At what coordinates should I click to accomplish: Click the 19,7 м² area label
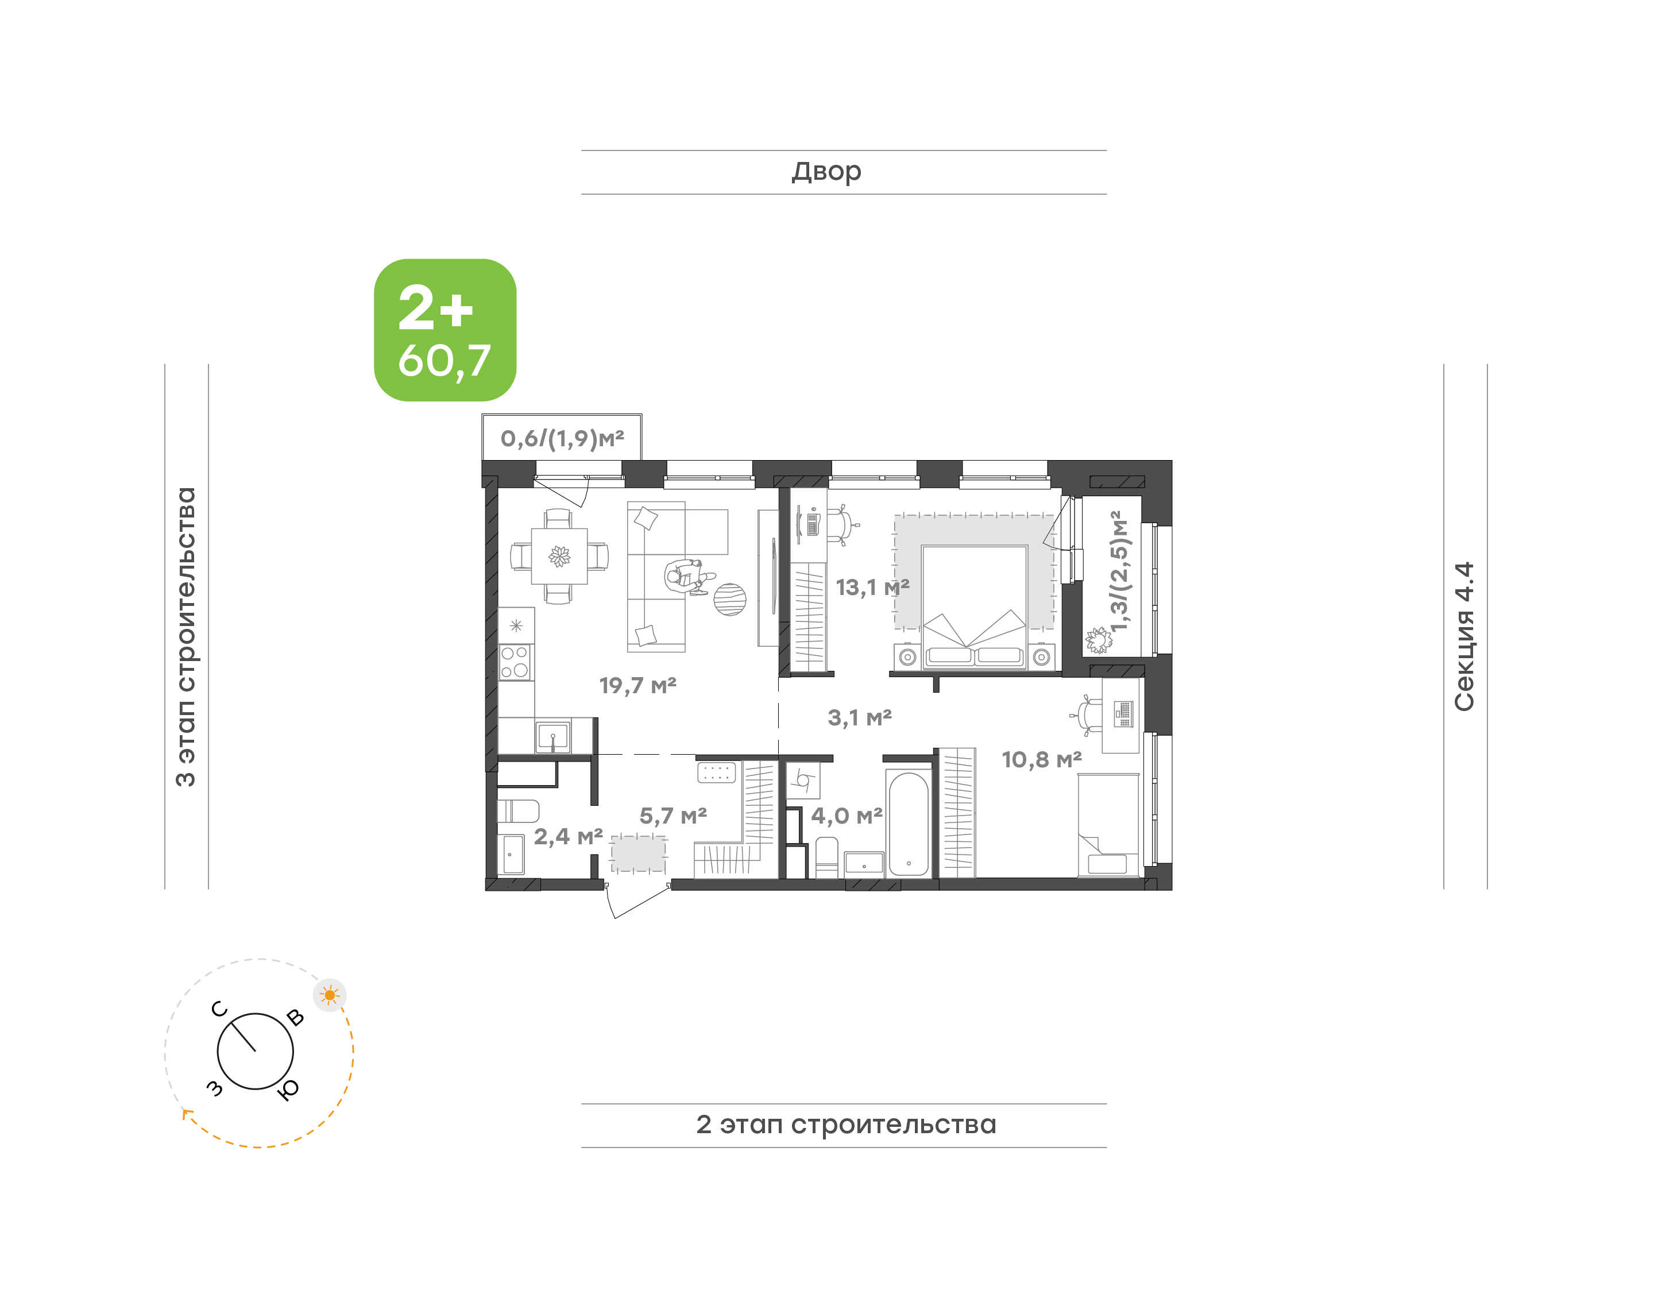[637, 686]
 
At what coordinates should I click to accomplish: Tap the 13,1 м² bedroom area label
[872, 588]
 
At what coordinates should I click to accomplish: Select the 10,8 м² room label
[1042, 759]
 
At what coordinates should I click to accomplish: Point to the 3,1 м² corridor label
[859, 717]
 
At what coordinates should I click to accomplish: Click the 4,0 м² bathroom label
[847, 816]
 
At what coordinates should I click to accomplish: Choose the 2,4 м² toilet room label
[569, 837]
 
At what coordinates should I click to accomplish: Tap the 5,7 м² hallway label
[673, 816]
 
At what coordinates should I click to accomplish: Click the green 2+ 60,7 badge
[445, 330]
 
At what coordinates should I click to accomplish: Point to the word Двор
[826, 172]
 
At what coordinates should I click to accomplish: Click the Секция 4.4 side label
[1464, 636]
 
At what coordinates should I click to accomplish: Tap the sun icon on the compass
[330, 995]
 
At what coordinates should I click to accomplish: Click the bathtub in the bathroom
[909, 824]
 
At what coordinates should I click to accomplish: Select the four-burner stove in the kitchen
[515, 662]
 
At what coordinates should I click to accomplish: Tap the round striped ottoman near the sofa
[729, 599]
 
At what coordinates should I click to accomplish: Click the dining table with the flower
[559, 557]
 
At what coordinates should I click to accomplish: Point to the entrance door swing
[637, 901]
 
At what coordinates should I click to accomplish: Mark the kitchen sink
[552, 736]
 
